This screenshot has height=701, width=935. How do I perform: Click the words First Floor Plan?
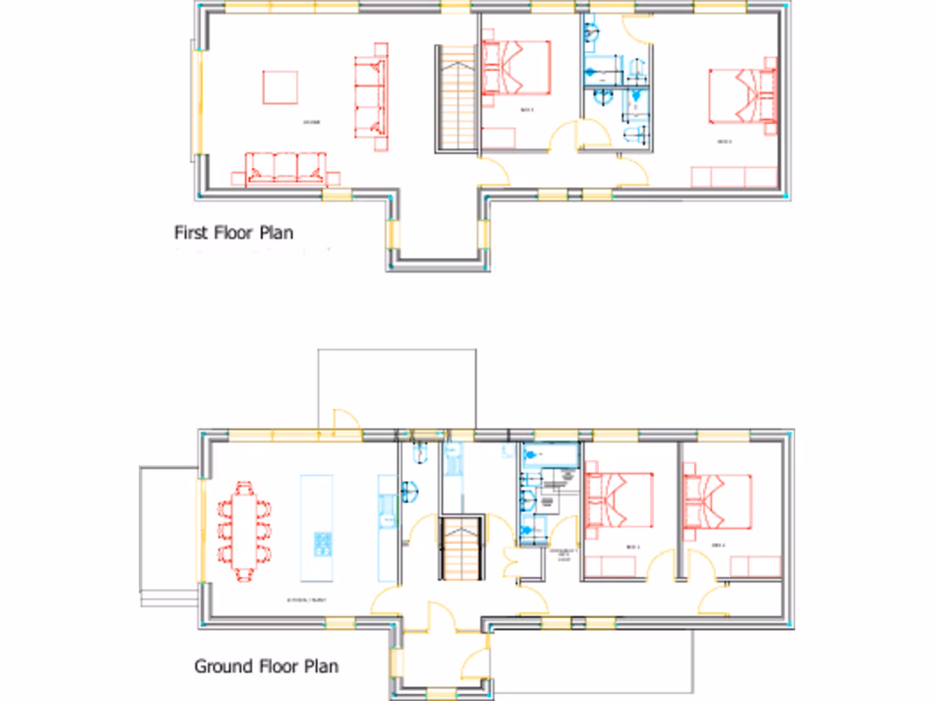pyautogui.click(x=234, y=233)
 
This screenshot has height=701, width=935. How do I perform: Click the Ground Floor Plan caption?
pyautogui.click(x=266, y=666)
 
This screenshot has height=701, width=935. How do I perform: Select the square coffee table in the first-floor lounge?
pyautogui.click(x=280, y=88)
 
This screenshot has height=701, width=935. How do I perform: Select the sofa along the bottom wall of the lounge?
pyautogui.click(x=285, y=168)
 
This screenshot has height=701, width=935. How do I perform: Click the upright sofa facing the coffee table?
pyautogui.click(x=370, y=96)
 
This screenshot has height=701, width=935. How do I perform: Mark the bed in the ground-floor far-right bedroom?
pyautogui.click(x=718, y=501)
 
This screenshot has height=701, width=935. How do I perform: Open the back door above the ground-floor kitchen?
pyautogui.click(x=347, y=421)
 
